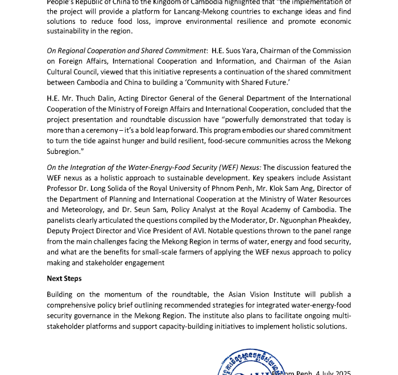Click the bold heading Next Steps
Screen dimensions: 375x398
click(64, 278)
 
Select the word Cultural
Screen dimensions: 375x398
click(64, 72)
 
